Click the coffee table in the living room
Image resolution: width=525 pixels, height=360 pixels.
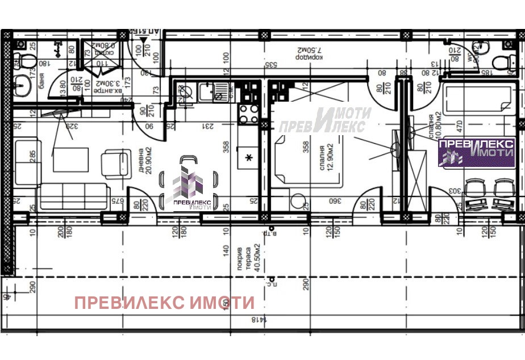pos(71,160)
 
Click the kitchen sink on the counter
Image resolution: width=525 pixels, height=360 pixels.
pos(220,91)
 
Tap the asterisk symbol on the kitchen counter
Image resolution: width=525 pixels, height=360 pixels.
pos(248,157)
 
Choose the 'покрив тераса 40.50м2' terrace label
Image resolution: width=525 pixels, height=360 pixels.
pos(252,258)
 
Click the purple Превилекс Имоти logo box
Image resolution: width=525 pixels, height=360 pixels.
pos(476,152)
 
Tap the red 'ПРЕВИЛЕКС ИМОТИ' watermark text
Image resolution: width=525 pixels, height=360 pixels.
pos(164,303)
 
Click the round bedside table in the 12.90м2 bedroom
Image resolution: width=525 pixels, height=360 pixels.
pos(296,202)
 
